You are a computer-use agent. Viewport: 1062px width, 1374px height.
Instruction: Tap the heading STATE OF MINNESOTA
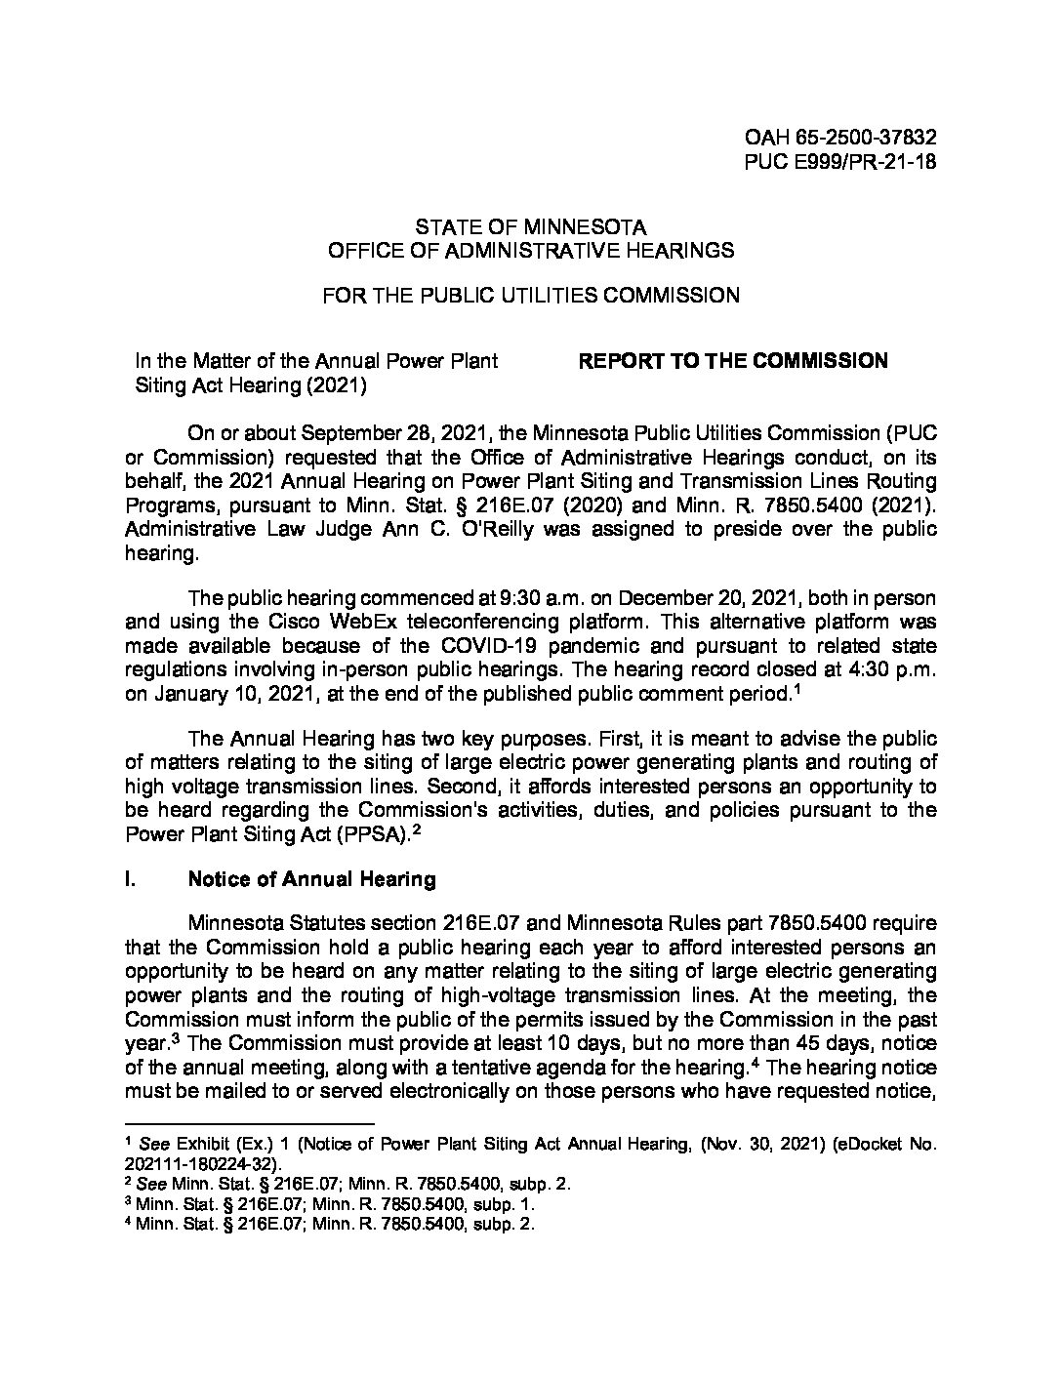tap(530, 226)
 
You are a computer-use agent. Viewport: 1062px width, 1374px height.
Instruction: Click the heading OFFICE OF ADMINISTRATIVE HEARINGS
tap(530, 250)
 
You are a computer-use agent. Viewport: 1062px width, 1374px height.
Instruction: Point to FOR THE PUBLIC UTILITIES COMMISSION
tap(530, 294)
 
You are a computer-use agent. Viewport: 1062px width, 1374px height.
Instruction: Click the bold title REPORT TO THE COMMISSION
tap(733, 361)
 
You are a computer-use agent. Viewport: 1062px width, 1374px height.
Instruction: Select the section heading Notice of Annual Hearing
tap(311, 879)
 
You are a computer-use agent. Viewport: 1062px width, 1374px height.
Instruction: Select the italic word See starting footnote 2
tap(150, 1184)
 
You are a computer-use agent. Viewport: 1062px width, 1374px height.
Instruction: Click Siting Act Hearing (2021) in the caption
tap(250, 384)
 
